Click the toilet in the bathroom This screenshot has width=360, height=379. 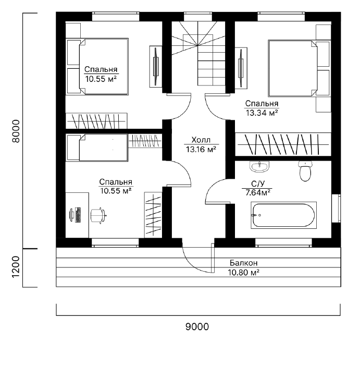click(305, 171)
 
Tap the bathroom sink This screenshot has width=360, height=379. click(259, 166)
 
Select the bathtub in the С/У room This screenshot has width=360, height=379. click(283, 215)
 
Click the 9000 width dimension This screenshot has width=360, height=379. click(197, 327)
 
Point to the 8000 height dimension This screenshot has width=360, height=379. click(16, 131)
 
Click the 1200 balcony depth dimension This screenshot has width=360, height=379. click(16, 267)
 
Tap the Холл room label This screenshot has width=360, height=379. click(201, 140)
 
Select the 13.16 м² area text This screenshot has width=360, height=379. click(201, 150)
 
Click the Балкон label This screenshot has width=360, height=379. click(243, 263)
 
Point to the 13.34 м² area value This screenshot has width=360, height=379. click(262, 113)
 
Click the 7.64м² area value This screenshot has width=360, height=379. click(258, 193)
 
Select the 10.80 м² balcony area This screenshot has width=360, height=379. click(243, 273)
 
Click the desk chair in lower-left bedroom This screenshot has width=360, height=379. click(98, 215)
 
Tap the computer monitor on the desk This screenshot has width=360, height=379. click(71, 215)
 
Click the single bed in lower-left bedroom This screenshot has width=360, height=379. click(97, 148)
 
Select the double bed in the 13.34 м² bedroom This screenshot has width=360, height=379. click(300, 68)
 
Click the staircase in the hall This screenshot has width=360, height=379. click(198, 53)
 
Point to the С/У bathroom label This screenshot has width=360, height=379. click(258, 184)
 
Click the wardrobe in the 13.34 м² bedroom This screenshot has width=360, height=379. click(283, 144)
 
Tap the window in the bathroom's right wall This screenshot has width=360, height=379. click(336, 208)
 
